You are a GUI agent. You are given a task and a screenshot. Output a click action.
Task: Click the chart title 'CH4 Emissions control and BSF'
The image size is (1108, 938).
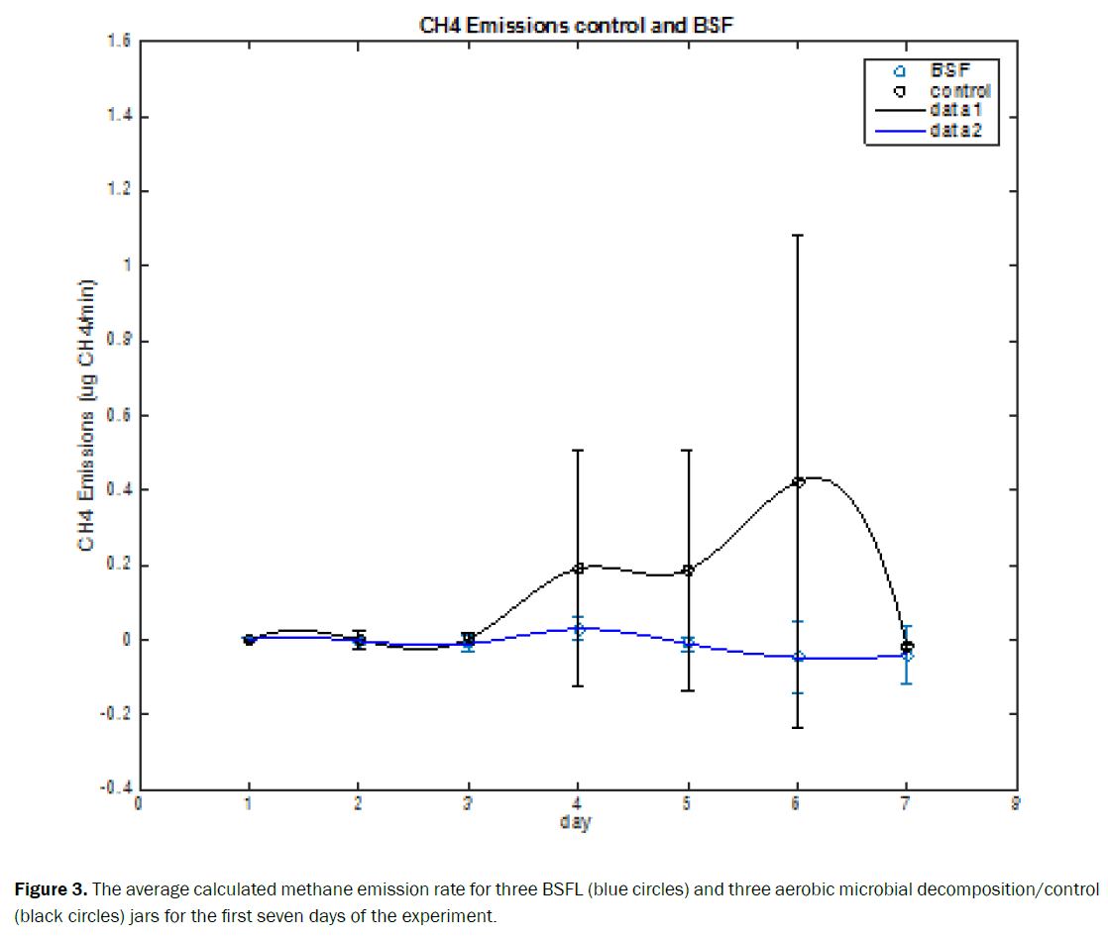pos(576,26)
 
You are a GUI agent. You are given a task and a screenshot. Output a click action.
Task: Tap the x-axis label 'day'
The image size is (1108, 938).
pos(575,822)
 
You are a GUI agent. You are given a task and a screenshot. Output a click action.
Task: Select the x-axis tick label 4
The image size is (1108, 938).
pos(577,804)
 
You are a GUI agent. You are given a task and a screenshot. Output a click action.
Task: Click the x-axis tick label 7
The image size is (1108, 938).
pos(905,804)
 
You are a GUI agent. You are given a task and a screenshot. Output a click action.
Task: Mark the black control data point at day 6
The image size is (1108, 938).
pos(798,482)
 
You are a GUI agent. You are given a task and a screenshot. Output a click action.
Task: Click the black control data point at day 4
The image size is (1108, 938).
pos(578,570)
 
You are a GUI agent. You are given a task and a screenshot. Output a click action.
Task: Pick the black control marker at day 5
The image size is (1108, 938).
pos(688,571)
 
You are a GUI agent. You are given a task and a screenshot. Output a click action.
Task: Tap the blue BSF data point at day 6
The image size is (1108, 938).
pos(798,657)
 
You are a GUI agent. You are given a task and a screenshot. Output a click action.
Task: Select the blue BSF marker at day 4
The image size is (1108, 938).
pos(578,629)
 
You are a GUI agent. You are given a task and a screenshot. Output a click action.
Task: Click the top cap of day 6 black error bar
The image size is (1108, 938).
pos(798,236)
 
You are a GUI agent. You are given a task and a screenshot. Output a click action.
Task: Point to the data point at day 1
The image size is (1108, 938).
pos(249,640)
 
